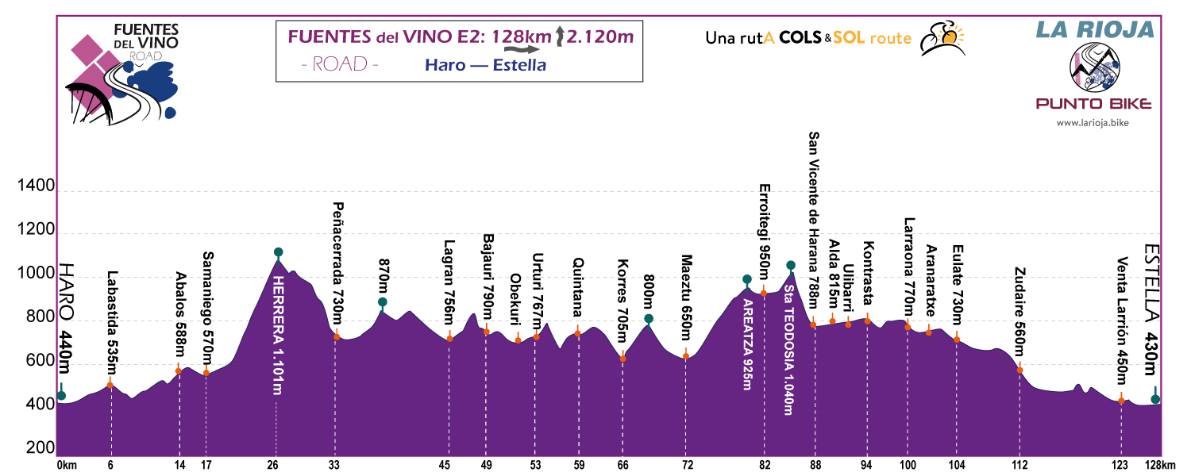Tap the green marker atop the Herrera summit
[x=278, y=252]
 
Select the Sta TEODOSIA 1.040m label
[x=788, y=349]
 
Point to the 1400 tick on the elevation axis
[x=36, y=187]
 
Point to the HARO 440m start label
[x=66, y=317]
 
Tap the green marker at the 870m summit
[x=383, y=302]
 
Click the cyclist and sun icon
[x=941, y=37]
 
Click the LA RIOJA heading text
[x=1094, y=29]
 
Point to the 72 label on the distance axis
[x=688, y=465]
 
